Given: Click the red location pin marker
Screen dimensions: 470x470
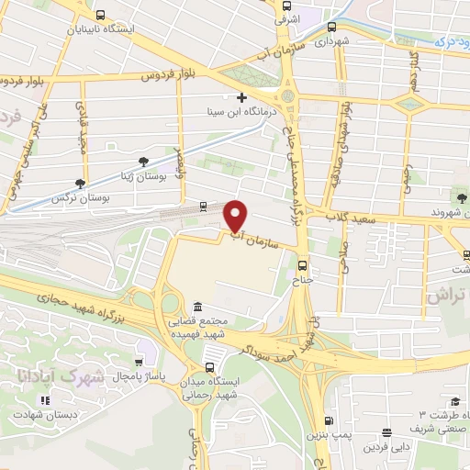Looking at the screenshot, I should pos(237,215).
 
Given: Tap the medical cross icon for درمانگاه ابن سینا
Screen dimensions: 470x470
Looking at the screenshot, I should pos(241,97).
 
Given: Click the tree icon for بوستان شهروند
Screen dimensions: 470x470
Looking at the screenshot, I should pos(461,196).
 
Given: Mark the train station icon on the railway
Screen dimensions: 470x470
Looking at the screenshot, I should pos(203,208).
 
